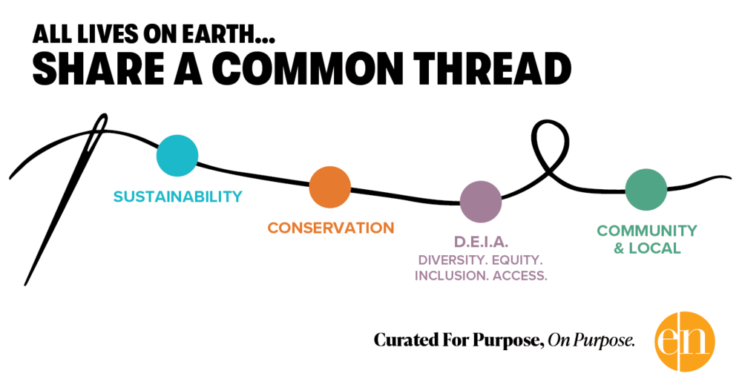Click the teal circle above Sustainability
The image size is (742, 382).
(x=177, y=156)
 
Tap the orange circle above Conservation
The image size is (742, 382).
(x=329, y=187)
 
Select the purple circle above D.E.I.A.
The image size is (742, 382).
(x=481, y=202)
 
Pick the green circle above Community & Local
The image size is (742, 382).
(x=646, y=189)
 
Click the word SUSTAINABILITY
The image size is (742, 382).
(x=177, y=197)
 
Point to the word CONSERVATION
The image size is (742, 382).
(x=331, y=228)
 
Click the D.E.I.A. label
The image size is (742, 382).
(x=480, y=243)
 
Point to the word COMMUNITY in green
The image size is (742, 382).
(x=647, y=231)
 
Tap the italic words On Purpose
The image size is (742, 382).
(x=591, y=341)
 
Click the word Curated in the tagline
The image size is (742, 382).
(x=401, y=341)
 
